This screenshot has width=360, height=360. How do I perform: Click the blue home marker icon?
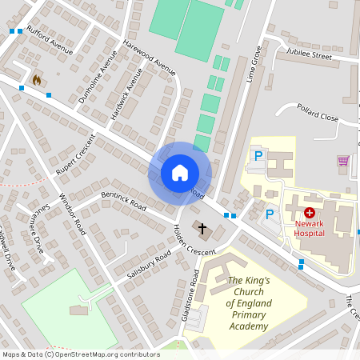[180, 173]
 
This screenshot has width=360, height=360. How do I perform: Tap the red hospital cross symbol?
[309, 214]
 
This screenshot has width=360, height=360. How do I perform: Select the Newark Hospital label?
[309, 228]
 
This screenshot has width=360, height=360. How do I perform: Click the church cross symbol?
[202, 230]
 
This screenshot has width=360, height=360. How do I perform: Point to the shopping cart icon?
[343, 161]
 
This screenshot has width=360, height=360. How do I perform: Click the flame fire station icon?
[37, 80]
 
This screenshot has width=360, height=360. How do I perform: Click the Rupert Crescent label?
[75, 154]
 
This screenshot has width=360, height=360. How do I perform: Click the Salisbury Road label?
[149, 264]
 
